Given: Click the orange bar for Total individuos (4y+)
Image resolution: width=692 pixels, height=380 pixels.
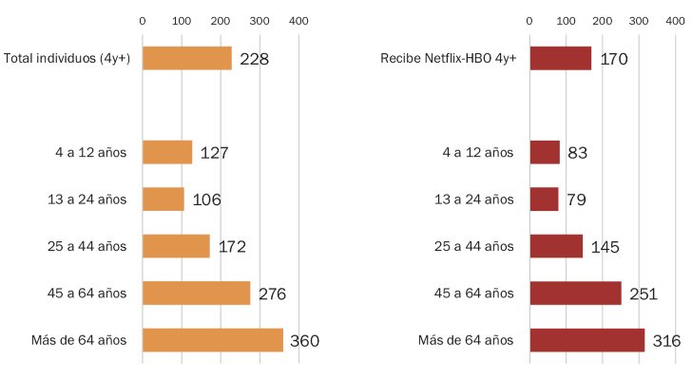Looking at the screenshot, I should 187,59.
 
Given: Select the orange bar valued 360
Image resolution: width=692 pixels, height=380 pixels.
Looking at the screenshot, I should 213,339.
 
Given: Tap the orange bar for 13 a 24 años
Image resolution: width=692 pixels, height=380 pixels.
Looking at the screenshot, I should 163,199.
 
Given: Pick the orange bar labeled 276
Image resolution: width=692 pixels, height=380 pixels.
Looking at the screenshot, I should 197,293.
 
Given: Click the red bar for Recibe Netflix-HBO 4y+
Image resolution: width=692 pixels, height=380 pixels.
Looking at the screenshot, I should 560,59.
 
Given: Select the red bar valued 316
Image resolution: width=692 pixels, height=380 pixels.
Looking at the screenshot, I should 586,339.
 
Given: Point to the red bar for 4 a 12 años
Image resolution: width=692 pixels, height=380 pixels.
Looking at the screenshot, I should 545,152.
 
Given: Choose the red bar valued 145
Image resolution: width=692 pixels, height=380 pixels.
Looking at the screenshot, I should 556,246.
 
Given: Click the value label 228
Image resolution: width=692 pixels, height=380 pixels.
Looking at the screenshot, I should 254,60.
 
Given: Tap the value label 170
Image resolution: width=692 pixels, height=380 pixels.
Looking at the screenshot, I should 613,60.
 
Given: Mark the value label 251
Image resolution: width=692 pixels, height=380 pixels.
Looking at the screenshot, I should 644,294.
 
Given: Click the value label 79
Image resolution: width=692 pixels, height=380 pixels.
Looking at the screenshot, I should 575,199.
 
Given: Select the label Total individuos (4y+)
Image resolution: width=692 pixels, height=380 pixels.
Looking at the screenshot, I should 67,59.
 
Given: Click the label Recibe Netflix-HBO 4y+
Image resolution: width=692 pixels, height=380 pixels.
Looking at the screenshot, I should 447,59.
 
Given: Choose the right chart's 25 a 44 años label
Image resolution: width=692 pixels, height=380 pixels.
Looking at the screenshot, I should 472,246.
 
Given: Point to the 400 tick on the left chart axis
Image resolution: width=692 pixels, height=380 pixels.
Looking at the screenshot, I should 298,20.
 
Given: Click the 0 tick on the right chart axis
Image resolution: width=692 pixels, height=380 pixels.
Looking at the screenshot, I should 529,20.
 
